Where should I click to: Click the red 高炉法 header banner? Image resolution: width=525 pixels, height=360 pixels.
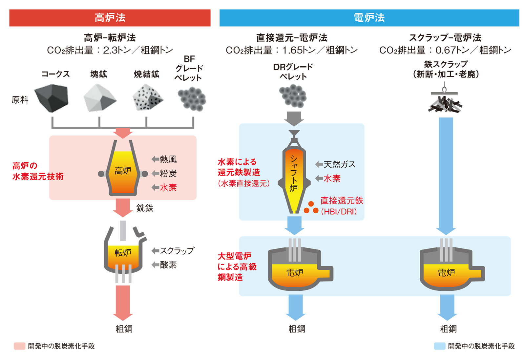[110, 18]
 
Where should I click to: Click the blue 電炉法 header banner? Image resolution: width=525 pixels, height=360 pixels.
[369, 18]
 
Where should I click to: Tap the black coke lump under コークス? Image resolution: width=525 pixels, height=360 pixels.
[52, 98]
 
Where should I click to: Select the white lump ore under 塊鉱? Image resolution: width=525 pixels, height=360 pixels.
[99, 98]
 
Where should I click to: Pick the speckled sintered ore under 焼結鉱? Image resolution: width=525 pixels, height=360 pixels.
[147, 98]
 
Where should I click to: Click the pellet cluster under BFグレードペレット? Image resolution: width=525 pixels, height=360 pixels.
[192, 99]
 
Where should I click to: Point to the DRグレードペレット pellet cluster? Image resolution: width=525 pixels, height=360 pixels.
[293, 96]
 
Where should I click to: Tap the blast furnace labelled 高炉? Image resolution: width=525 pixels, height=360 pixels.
[123, 171]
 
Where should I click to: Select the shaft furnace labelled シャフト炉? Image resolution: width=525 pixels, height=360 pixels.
[294, 177]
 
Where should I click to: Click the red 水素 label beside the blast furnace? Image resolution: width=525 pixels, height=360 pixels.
[168, 188]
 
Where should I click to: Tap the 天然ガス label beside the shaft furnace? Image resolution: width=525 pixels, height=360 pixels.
[339, 164]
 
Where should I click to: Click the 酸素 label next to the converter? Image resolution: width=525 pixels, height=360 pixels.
[168, 265]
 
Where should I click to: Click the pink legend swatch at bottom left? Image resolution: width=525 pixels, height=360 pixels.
[19, 346]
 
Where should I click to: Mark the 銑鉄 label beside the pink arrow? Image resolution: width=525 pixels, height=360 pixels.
[145, 208]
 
